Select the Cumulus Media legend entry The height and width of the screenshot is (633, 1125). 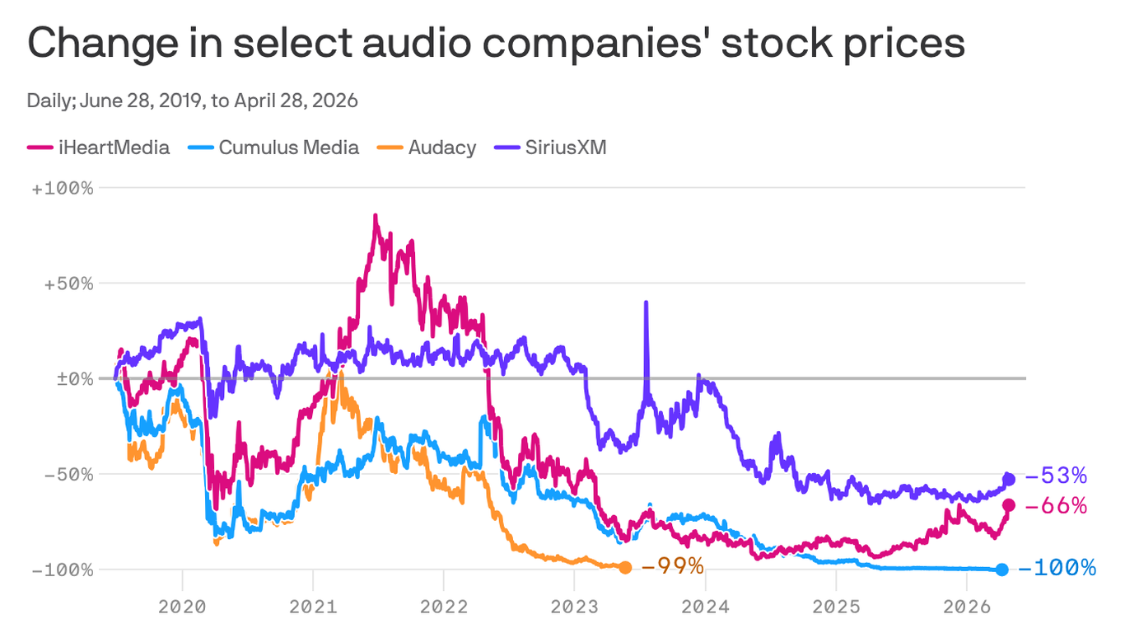(278, 148)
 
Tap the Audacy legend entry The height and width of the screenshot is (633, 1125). (430, 148)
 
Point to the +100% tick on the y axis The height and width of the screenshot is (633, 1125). (63, 188)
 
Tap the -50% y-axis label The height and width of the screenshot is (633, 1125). (67, 474)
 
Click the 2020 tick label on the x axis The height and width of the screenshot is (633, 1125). (182, 606)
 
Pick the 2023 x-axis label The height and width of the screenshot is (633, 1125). (574, 606)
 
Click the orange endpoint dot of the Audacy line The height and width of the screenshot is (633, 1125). (625, 567)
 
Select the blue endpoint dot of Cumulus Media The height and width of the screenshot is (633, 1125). (1001, 569)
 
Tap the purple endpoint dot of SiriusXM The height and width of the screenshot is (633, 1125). (1008, 479)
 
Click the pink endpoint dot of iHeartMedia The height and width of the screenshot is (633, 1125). (1008, 505)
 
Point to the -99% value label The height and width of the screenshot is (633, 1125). (672, 566)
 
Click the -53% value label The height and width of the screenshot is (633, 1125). (1057, 476)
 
